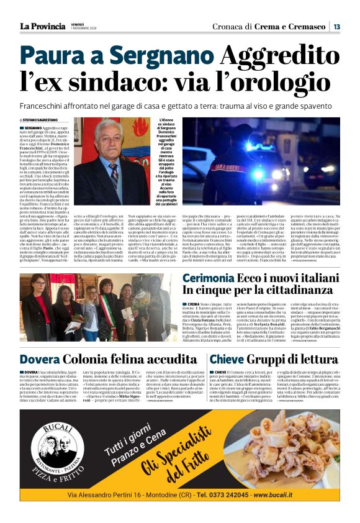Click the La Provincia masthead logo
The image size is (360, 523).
pyautogui.click(x=42, y=26)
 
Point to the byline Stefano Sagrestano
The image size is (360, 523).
pyautogui.click(x=40, y=120)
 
